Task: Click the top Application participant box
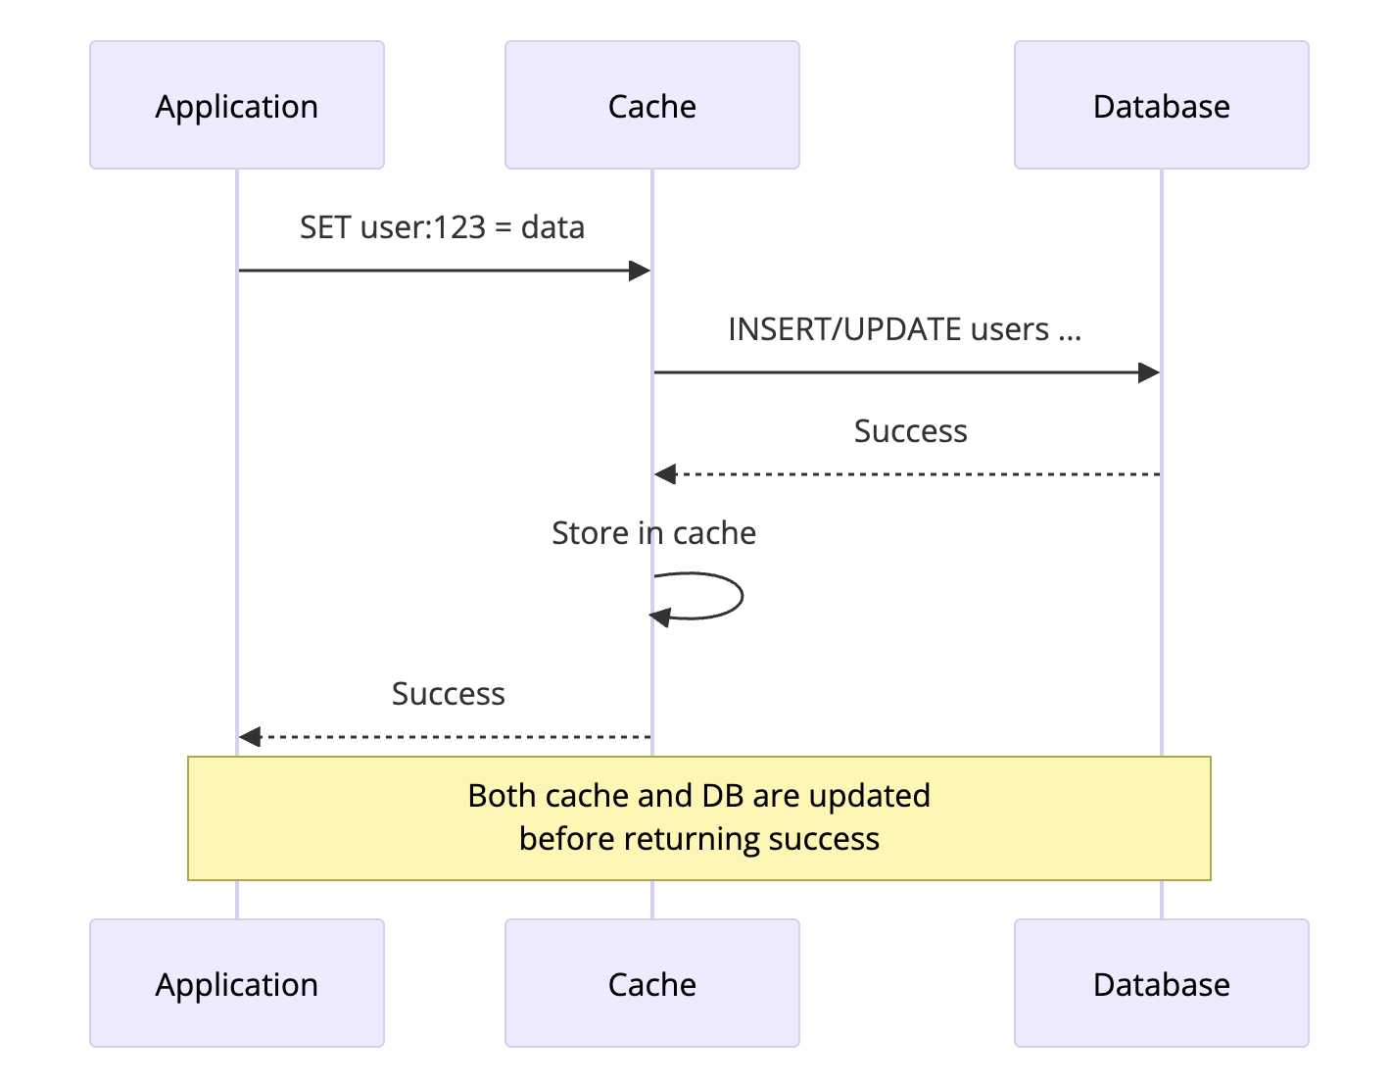click(x=236, y=105)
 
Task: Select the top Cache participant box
click(x=651, y=105)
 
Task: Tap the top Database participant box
click(x=1161, y=105)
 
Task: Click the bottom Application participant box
click(x=236, y=983)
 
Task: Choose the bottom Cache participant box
click(x=651, y=983)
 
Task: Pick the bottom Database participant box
click(x=1161, y=983)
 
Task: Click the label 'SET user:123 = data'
click(x=442, y=227)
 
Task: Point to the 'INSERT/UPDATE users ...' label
click(x=904, y=329)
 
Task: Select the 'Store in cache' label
click(x=653, y=533)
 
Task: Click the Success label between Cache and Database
click(x=910, y=431)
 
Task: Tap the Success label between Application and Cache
click(x=448, y=694)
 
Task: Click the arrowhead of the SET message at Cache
click(x=640, y=271)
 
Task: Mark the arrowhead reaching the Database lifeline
click(x=1148, y=372)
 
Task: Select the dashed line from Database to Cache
click(x=911, y=474)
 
